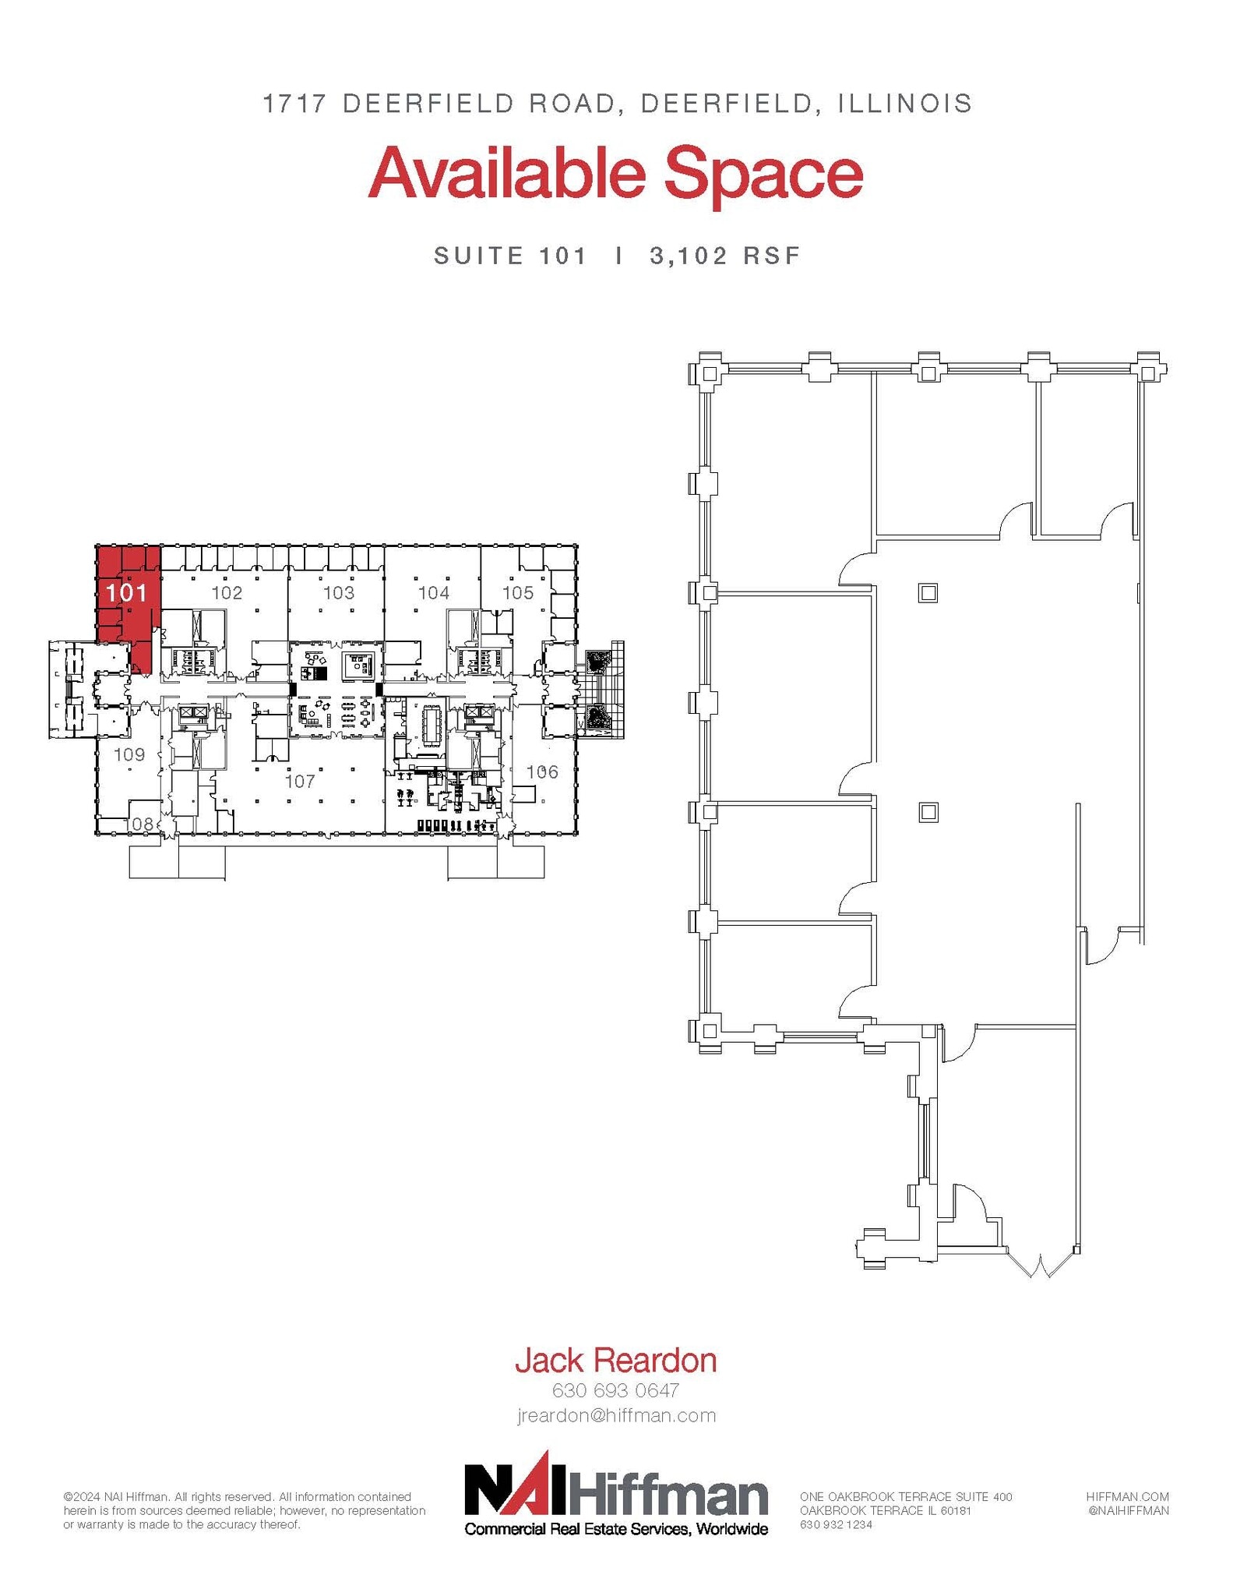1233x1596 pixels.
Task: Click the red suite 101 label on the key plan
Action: (x=127, y=592)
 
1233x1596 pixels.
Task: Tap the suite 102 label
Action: (x=227, y=592)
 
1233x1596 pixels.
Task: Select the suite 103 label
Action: (x=338, y=592)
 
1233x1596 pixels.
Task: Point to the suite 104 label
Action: (x=434, y=592)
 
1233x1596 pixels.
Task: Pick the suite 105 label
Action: (x=518, y=592)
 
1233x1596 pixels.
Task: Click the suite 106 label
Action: (x=542, y=772)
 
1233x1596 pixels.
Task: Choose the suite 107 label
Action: (x=300, y=780)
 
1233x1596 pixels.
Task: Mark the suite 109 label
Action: (x=129, y=754)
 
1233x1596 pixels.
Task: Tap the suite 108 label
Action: (x=139, y=823)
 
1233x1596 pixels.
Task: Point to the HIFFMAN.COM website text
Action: (x=1127, y=1497)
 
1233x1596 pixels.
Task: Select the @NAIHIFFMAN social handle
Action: (x=1127, y=1510)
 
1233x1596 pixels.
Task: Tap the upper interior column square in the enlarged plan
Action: (x=928, y=593)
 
